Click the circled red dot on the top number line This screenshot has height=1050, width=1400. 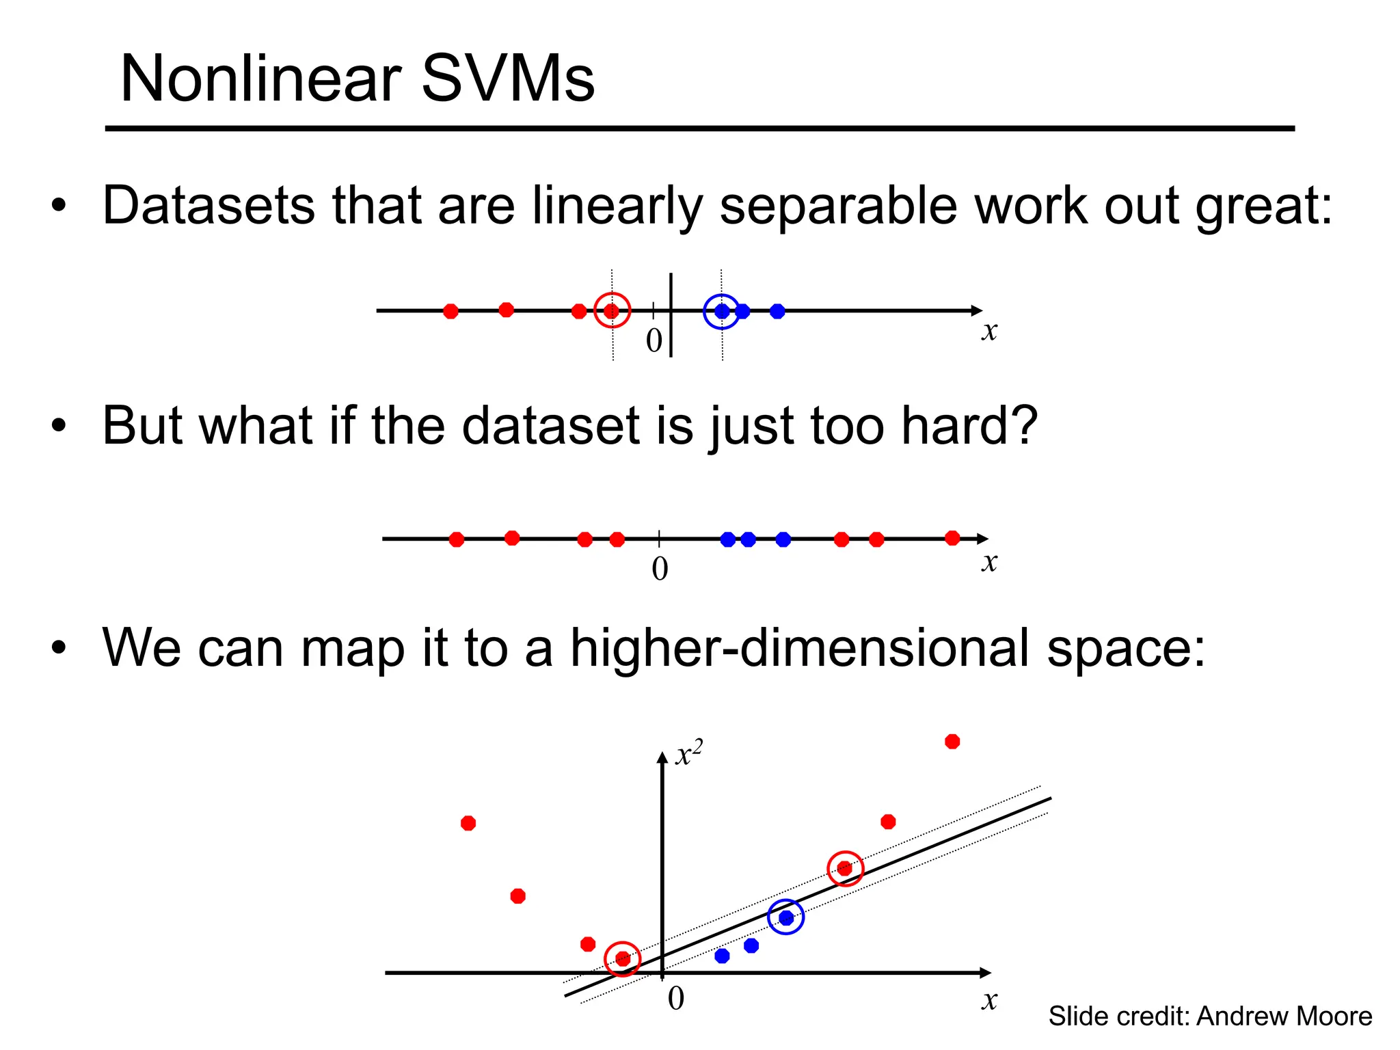point(612,311)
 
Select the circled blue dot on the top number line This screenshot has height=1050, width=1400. point(722,311)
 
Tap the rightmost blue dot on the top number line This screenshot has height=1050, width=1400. point(777,311)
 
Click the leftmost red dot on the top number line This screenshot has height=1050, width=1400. point(450,311)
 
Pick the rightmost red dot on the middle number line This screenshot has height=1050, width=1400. point(952,538)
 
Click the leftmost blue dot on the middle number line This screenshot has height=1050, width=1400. point(728,539)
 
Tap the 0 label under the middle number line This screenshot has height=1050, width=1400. point(660,569)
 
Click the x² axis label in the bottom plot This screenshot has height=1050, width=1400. point(688,755)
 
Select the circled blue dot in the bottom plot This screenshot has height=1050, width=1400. point(786,917)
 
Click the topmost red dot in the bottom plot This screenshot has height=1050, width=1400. point(952,742)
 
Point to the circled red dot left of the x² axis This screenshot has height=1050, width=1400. point(623,958)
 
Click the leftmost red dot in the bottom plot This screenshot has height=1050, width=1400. point(468,823)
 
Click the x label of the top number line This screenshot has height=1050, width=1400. point(989,332)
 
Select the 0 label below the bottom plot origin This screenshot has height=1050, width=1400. point(675,999)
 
